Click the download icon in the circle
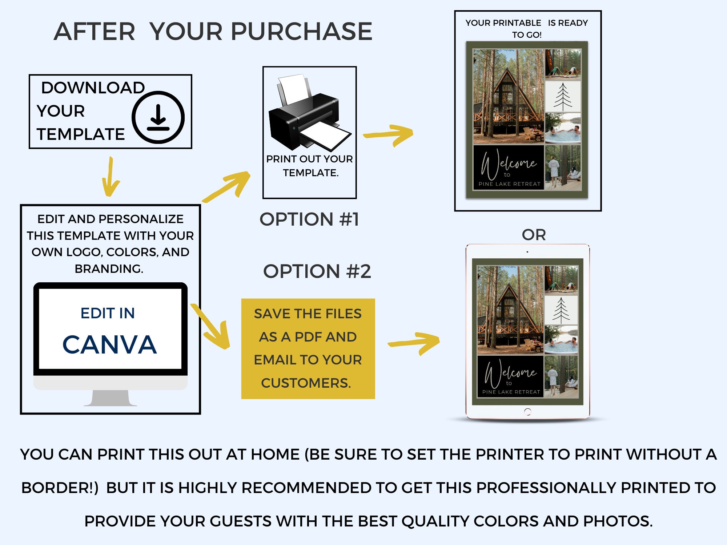click(x=158, y=117)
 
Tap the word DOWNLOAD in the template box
click(x=93, y=88)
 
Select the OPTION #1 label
click(x=309, y=219)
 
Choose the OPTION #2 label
click(x=317, y=271)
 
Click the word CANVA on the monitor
click(x=109, y=344)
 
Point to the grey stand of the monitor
click(x=111, y=398)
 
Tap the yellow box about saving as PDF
click(x=308, y=349)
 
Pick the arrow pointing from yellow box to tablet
click(x=414, y=343)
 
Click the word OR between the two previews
click(x=534, y=235)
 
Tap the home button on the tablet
click(x=528, y=412)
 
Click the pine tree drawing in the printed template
click(x=563, y=97)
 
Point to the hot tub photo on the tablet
click(x=561, y=340)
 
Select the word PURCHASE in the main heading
click(x=301, y=31)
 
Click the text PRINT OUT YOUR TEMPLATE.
click(x=310, y=166)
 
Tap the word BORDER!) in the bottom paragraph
click(x=60, y=488)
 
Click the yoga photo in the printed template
click(x=563, y=64)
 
